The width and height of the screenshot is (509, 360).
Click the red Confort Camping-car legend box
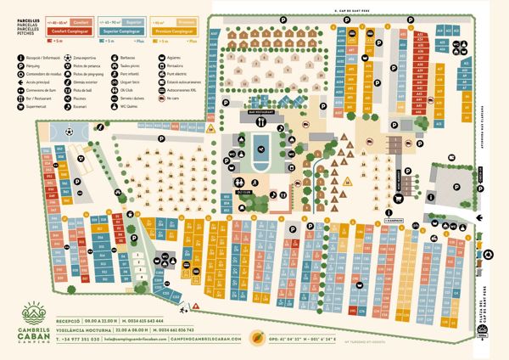[x=72, y=28]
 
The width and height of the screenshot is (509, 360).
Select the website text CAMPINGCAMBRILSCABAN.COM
[x=207, y=339]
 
